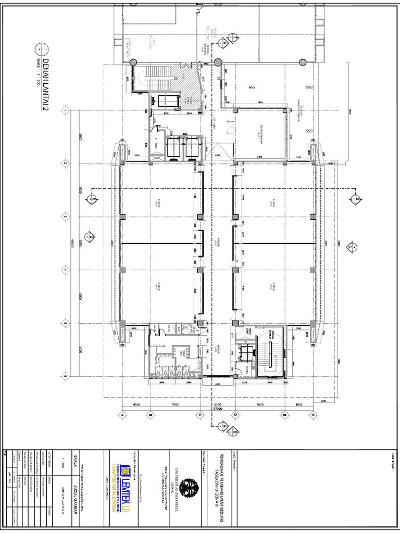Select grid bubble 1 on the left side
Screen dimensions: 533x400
[x=66, y=110]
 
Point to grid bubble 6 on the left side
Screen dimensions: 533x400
[x=66, y=376]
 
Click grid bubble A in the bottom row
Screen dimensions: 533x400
[x=122, y=415]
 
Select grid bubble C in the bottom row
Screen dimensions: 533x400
[x=199, y=415]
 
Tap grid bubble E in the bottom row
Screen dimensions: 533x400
[x=314, y=415]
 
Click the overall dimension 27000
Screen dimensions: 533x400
[x=218, y=409]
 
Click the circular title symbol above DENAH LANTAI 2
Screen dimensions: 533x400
[x=40, y=49]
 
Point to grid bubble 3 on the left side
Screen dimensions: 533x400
[x=66, y=217]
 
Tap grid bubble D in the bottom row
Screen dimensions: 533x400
[x=235, y=415]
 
